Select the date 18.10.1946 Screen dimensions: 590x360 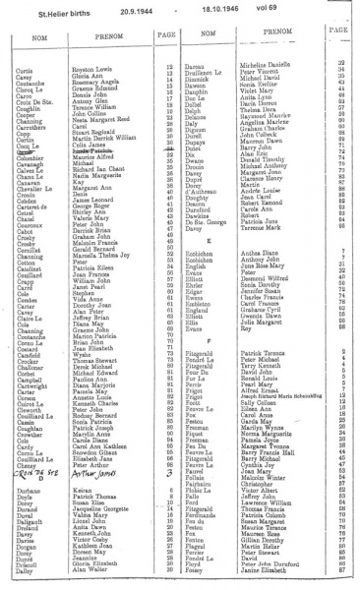(219, 12)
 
